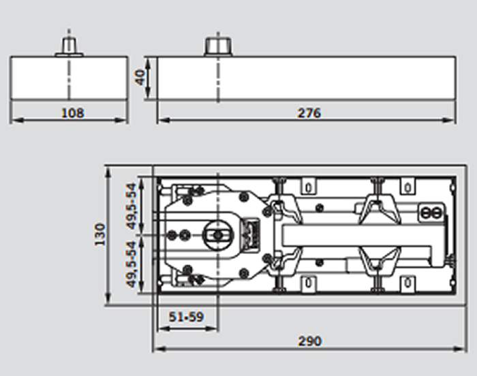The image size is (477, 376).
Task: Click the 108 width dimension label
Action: coord(72,113)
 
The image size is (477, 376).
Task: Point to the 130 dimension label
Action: coord(99,234)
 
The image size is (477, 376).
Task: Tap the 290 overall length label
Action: coord(309,341)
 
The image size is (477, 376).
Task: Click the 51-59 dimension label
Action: coord(186,317)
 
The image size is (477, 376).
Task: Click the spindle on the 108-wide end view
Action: coord(69,47)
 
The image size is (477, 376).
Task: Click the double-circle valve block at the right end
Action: coord(432,213)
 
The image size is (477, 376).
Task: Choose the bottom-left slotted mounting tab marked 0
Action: coord(309,282)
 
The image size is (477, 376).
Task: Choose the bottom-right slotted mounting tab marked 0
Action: coord(407,282)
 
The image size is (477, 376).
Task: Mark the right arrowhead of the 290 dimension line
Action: coord(452,349)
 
